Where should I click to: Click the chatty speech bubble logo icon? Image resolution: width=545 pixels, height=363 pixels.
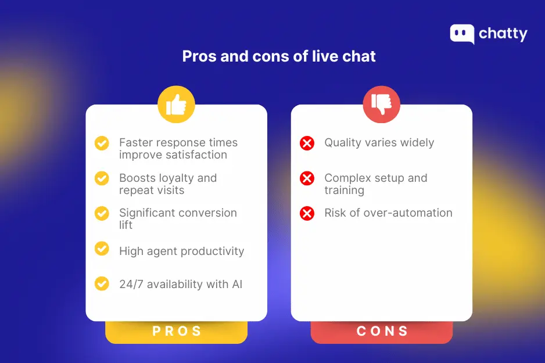[462, 34]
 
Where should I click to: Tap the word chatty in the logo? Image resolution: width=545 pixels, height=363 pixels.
[503, 34]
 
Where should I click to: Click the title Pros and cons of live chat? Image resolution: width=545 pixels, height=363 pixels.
[279, 56]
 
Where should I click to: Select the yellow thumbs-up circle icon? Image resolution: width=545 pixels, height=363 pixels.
[176, 105]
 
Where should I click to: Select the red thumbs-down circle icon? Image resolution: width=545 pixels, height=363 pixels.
[381, 105]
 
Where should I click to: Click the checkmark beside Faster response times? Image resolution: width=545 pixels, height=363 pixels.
[102, 143]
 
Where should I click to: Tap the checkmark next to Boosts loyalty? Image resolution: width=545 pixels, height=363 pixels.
[102, 178]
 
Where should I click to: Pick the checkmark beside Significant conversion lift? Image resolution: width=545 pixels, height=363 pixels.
[102, 213]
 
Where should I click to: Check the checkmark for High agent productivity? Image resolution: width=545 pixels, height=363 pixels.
[102, 249]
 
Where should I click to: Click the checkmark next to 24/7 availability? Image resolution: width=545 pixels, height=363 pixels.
[102, 283]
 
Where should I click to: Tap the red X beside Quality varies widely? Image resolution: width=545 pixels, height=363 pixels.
[307, 143]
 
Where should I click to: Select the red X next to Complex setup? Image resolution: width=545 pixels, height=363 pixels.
[307, 178]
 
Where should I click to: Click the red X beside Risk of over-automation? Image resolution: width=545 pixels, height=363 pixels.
[307, 213]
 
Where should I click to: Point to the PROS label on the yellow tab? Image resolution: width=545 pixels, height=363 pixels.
[177, 331]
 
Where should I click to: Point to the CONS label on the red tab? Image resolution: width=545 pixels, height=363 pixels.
[382, 331]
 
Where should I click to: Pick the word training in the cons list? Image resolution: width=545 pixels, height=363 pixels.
[344, 191]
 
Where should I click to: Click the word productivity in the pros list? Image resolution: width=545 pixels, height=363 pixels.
[213, 251]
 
